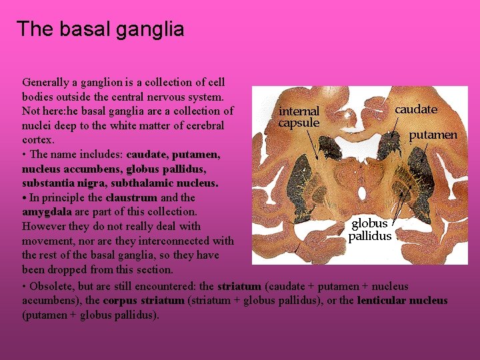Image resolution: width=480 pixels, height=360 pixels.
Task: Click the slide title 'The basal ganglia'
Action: pyautogui.click(x=100, y=29)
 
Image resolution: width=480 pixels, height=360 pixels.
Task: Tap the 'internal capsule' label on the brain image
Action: pyautogui.click(x=299, y=117)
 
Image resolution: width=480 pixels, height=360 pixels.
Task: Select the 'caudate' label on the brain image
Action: pyautogui.click(x=415, y=109)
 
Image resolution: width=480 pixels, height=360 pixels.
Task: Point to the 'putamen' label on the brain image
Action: pyautogui.click(x=433, y=135)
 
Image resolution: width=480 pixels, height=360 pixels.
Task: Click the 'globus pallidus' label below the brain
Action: pyautogui.click(x=369, y=229)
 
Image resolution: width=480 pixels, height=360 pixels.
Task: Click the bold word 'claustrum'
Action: pyautogui.click(x=131, y=197)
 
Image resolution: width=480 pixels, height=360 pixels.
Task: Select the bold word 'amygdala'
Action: pyautogui.click(x=47, y=212)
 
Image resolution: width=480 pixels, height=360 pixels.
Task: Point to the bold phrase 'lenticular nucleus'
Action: pyautogui.click(x=402, y=301)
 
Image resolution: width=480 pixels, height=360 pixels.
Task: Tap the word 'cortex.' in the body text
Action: pyautogui.click(x=38, y=140)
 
